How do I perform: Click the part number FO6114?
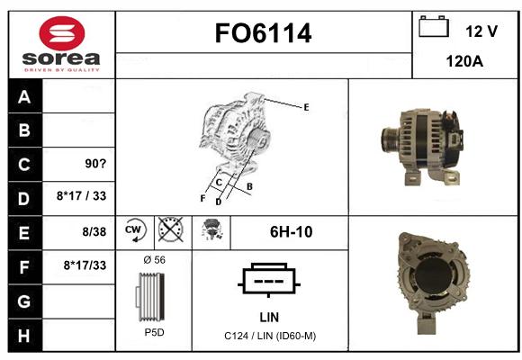[x=263, y=33]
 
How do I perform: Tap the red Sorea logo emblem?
[x=62, y=33]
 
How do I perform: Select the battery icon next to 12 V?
[x=434, y=26]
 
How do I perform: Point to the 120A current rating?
[x=464, y=61]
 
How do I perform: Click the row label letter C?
[x=24, y=164]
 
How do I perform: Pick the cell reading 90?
[x=95, y=164]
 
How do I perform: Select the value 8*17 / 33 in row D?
[x=81, y=196]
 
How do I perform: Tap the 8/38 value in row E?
[x=94, y=232]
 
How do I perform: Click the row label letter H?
[x=24, y=336]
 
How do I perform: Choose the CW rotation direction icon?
[x=136, y=230]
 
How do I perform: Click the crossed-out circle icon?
[x=170, y=229]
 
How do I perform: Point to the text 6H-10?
[x=291, y=232]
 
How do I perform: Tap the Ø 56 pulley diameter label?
[x=154, y=260]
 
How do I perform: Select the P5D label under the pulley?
[x=154, y=332]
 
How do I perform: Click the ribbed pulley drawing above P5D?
[x=150, y=297]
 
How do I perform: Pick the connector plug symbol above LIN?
[x=269, y=280]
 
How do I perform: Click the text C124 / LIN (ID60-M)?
[x=270, y=336]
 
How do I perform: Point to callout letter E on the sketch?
[x=306, y=107]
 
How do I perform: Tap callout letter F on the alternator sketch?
[x=202, y=199]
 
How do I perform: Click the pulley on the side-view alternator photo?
[x=390, y=139]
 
